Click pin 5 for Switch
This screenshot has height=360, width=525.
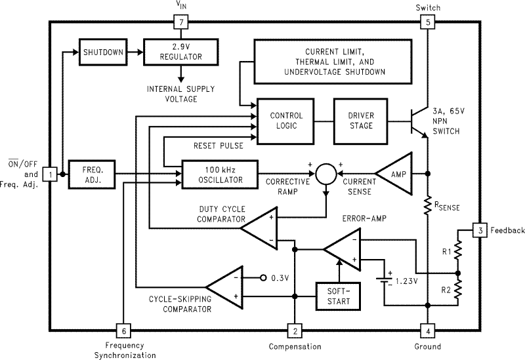(x=428, y=22)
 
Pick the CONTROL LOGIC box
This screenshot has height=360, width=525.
(x=286, y=121)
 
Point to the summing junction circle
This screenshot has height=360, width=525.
(x=325, y=174)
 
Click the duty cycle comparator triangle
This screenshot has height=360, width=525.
(x=260, y=228)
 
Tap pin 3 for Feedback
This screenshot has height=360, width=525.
(x=480, y=230)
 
